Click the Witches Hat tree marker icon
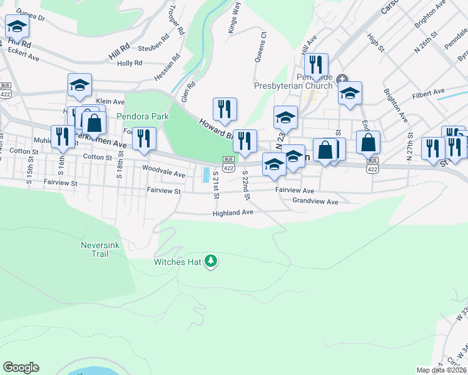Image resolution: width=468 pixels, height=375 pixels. click(x=211, y=261)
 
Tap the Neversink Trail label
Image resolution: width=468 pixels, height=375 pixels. click(x=95, y=249)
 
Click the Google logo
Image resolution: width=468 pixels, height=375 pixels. click(x=21, y=367)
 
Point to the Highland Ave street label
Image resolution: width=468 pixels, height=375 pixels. click(x=233, y=212)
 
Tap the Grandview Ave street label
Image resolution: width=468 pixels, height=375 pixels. click(x=315, y=201)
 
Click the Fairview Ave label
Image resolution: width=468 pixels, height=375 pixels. click(x=294, y=189)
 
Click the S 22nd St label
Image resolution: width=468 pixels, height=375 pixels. click(x=247, y=185)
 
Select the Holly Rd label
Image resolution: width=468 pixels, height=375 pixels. click(x=130, y=63)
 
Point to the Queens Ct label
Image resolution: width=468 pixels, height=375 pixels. click(x=263, y=43)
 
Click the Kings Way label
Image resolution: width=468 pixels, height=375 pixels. click(x=234, y=24)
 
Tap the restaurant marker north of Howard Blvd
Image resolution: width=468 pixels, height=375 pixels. click(x=224, y=109)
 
